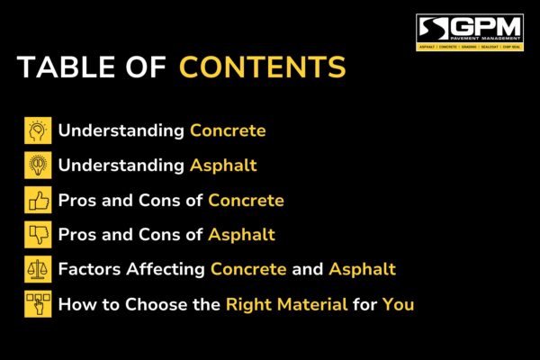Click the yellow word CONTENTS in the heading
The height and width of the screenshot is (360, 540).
(262, 68)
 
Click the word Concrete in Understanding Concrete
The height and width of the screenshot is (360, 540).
(228, 130)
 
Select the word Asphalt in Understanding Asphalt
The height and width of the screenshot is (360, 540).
(223, 166)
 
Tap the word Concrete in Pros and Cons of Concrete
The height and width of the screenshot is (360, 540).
(246, 200)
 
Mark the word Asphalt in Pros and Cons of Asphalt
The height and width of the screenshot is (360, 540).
(241, 235)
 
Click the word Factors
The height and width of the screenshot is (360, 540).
(88, 269)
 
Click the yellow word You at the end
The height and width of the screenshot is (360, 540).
(398, 304)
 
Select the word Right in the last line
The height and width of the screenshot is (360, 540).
(247, 304)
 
